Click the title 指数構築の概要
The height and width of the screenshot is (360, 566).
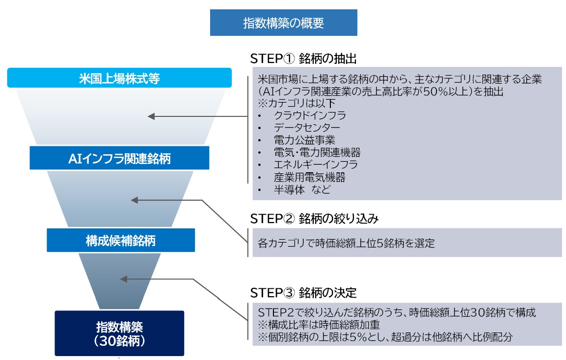pyautogui.click(x=283, y=23)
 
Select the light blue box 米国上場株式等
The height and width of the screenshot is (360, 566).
pyautogui.click(x=119, y=78)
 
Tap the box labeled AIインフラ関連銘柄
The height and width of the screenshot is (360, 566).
pyautogui.click(x=119, y=158)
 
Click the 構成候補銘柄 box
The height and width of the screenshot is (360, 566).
pyautogui.click(x=121, y=240)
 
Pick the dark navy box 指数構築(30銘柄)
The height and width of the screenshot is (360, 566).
pyautogui.click(x=119, y=332)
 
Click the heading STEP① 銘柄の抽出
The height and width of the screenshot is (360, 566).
pyautogui.click(x=303, y=58)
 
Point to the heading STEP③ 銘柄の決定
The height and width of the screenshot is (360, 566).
pyautogui.click(x=303, y=293)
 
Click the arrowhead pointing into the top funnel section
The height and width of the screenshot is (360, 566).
pyautogui.click(x=152, y=116)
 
